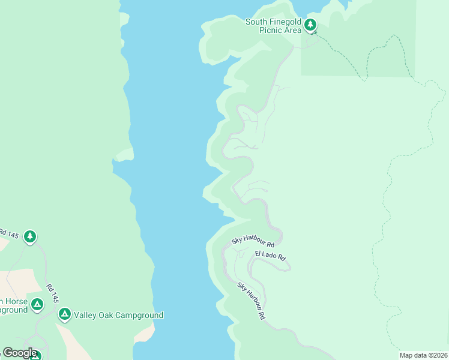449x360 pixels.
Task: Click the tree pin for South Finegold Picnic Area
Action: coord(310,25)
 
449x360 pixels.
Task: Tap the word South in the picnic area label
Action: coord(257,22)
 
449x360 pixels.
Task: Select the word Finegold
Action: coord(285,22)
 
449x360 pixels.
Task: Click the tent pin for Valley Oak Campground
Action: coord(65,314)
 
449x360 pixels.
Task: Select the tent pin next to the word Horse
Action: coord(37,305)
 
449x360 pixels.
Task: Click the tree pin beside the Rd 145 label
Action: coord(30,237)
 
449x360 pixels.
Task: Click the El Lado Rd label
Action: coord(270,256)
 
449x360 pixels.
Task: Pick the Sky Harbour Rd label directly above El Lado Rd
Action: coord(253,241)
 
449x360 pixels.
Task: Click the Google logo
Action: coord(20,353)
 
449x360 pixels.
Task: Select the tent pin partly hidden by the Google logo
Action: coord(35,355)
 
